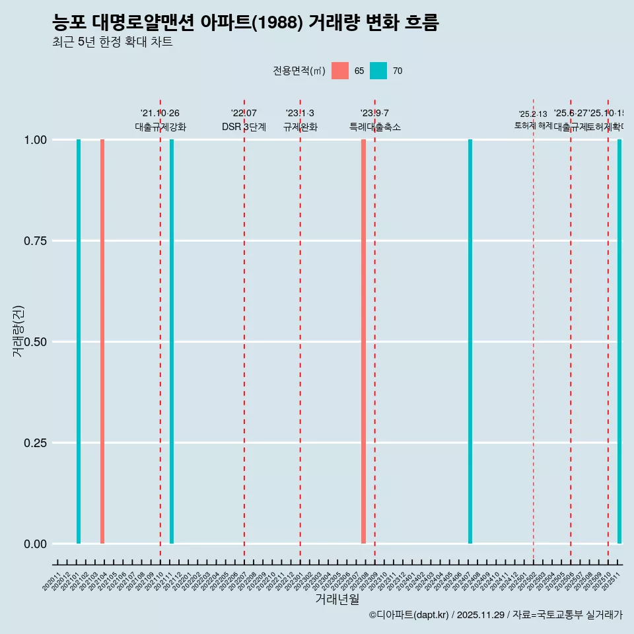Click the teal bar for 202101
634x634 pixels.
coord(79,341)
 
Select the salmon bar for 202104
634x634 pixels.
coord(102,341)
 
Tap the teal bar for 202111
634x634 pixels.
coord(172,341)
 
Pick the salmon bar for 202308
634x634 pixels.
coord(363,341)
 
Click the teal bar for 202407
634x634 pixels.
coord(470,341)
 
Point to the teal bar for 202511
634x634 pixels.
coord(619,341)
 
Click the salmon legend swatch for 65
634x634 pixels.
coord(340,71)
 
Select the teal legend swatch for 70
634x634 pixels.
coord(378,71)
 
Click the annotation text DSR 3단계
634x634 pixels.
coord(244,127)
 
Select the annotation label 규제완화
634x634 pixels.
coord(300,127)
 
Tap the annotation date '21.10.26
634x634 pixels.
coord(160,114)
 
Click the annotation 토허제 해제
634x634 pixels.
coord(533,125)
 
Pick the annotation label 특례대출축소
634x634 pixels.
coord(375,127)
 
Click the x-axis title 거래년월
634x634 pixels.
coord(337,599)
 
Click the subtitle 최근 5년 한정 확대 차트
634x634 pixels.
coord(112,42)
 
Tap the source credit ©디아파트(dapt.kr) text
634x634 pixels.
coord(409,615)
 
